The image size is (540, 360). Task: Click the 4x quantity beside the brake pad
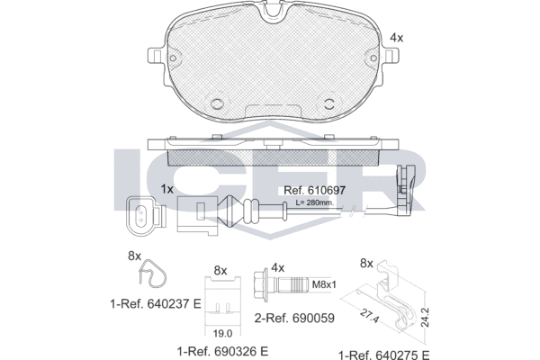396,38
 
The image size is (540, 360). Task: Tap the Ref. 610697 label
314,190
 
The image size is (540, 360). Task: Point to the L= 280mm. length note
315,202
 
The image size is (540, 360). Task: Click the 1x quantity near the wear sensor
167,189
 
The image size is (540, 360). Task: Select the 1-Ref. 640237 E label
156,304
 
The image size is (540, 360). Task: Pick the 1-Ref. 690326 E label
222,351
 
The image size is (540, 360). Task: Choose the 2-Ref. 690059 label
294,318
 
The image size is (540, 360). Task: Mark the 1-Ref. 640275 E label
384,355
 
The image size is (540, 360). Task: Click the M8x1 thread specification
324,284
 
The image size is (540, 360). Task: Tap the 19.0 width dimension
222,333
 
